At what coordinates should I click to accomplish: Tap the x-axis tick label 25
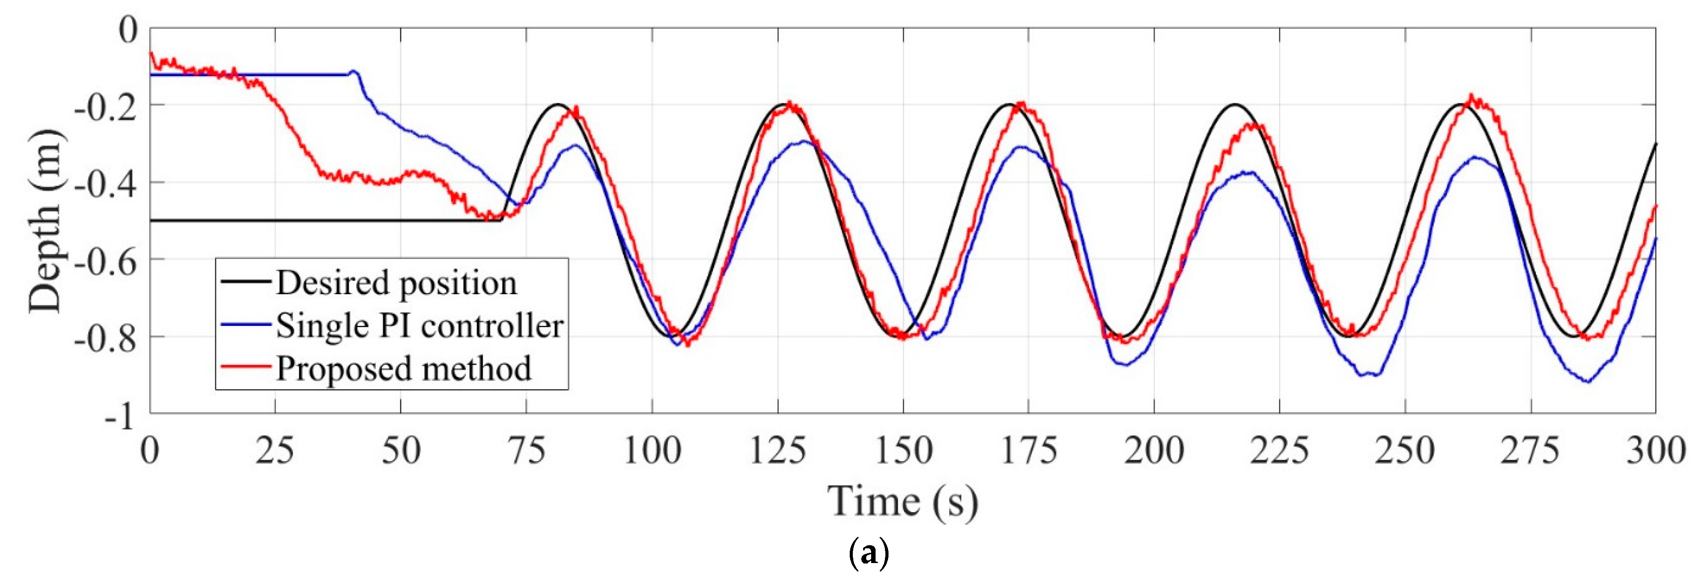tap(275, 451)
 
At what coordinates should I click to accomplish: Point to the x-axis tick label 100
tap(652, 451)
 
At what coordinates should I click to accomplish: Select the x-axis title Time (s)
tap(902, 502)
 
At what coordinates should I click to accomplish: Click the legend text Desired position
tap(396, 283)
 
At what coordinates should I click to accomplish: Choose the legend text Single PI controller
tap(420, 325)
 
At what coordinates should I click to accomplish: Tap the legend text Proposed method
tap(403, 368)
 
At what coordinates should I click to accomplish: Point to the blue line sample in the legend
tap(245, 324)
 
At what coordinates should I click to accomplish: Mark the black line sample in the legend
tap(245, 282)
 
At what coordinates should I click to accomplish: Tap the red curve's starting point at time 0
tap(151, 53)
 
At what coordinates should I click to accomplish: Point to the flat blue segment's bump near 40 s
tap(354, 71)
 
